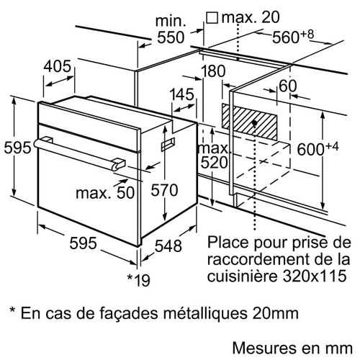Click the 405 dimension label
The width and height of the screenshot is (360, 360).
click(x=58, y=66)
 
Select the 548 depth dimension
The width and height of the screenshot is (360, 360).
click(x=168, y=246)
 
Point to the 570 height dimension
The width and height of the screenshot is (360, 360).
click(x=164, y=190)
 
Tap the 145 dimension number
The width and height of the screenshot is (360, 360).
click(x=181, y=94)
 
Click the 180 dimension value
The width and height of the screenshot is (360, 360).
click(x=213, y=71)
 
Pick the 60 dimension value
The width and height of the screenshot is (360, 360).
click(x=288, y=86)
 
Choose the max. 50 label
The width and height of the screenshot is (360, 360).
click(x=105, y=192)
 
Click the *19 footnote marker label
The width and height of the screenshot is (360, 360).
click(x=138, y=280)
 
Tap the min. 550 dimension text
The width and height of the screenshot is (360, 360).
click(x=171, y=30)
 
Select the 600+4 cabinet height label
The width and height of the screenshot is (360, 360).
click(x=318, y=148)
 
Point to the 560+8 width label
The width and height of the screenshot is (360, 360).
click(x=293, y=37)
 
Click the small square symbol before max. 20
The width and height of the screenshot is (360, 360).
click(x=212, y=18)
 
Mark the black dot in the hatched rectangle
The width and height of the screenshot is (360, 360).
click(x=255, y=123)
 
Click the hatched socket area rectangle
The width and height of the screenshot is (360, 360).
click(x=250, y=122)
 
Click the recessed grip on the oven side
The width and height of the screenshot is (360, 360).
click(x=168, y=144)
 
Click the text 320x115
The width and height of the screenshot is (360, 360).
click(x=315, y=276)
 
